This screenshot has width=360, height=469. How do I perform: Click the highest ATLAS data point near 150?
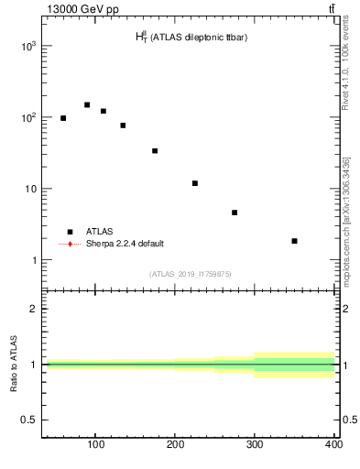click(x=87, y=105)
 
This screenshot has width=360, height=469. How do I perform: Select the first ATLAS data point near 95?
click(x=63, y=118)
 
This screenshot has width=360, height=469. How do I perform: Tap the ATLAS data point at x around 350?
click(x=294, y=241)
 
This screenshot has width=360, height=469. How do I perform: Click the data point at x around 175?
click(x=155, y=151)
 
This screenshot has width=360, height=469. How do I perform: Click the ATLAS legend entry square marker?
click(x=70, y=232)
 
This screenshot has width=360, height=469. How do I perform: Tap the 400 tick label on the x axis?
click(x=333, y=445)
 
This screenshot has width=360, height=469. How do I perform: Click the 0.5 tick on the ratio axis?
click(x=30, y=420)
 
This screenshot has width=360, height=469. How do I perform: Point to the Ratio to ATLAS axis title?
click(x=14, y=365)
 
